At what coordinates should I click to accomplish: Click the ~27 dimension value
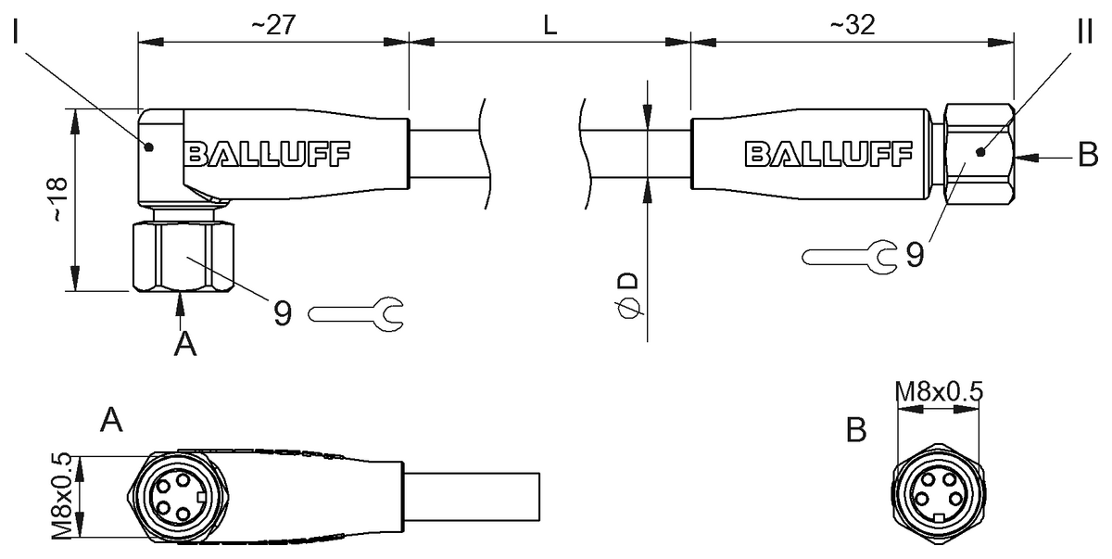pyautogui.click(x=272, y=26)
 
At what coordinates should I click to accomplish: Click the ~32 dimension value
pyautogui.click(x=848, y=26)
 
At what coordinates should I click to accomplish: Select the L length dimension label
pyautogui.click(x=550, y=26)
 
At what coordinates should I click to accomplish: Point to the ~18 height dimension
pyautogui.click(x=58, y=199)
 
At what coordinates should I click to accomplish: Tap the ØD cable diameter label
pyautogui.click(x=628, y=295)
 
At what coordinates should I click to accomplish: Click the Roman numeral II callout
pyautogui.click(x=1085, y=35)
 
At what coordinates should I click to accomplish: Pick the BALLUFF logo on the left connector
pyautogui.click(x=267, y=154)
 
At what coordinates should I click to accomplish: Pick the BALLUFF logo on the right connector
pyautogui.click(x=828, y=154)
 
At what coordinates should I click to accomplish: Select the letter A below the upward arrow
pyautogui.click(x=186, y=344)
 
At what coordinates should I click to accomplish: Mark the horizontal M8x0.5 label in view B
pyautogui.click(x=938, y=392)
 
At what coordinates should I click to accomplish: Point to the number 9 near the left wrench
pyautogui.click(x=283, y=313)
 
